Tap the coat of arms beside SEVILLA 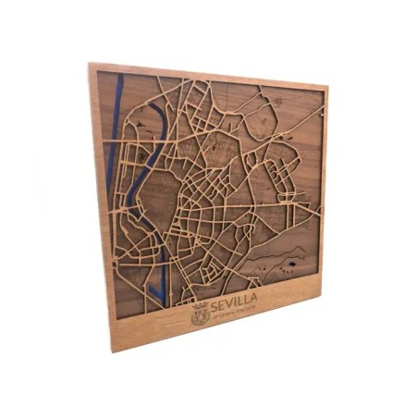199,314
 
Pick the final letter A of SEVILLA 253,300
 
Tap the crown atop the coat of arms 199,305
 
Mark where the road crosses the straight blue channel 112,139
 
